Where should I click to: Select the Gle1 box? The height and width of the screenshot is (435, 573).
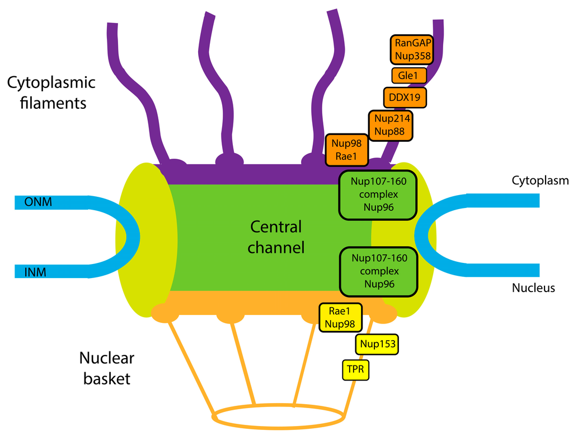[408, 75]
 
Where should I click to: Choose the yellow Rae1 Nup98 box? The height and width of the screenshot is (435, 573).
[340, 317]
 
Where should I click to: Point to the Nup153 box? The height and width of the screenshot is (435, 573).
[378, 344]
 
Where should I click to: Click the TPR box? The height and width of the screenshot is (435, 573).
[356, 370]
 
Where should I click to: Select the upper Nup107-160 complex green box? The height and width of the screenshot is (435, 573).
[378, 195]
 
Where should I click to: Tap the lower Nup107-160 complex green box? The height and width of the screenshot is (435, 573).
[378, 271]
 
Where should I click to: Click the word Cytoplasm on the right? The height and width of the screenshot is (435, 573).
[540, 181]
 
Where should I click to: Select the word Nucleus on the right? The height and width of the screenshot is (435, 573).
[533, 288]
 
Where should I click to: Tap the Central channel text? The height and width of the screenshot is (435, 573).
[276, 237]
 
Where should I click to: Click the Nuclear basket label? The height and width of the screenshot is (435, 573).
[106, 368]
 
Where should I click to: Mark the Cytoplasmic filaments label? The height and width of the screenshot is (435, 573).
[51, 93]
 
